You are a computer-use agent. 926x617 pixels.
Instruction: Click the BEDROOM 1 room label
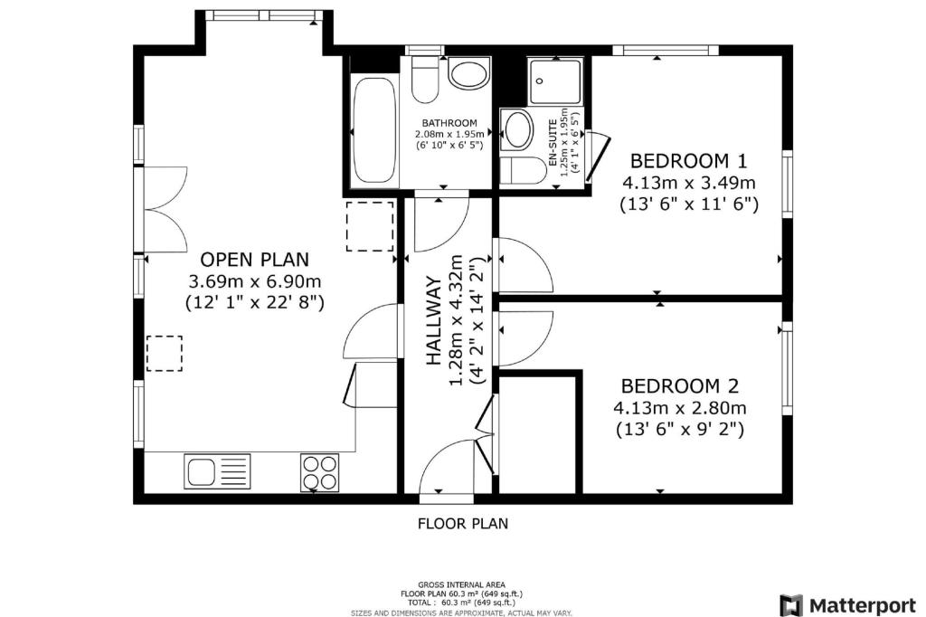pyautogui.click(x=688, y=161)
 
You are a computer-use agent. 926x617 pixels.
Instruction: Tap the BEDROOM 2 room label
pyautogui.click(x=680, y=386)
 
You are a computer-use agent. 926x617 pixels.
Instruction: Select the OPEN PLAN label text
pyautogui.click(x=254, y=260)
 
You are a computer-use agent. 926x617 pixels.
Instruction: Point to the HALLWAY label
pyautogui.click(x=434, y=320)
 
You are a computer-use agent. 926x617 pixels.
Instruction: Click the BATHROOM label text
pyautogui.click(x=449, y=123)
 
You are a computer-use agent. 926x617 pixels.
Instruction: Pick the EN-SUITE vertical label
pyautogui.click(x=553, y=142)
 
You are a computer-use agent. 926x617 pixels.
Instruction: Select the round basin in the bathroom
pyautogui.click(x=469, y=73)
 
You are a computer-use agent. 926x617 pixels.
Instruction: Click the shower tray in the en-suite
pyautogui.click(x=554, y=81)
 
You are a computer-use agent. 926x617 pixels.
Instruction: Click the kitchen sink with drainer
pyautogui.click(x=217, y=471)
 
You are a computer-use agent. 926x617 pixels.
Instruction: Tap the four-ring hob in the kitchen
pyautogui.click(x=319, y=472)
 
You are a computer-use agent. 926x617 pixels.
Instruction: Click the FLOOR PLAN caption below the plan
pyautogui.click(x=463, y=524)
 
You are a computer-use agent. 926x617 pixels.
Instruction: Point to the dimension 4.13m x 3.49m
pyautogui.click(x=688, y=183)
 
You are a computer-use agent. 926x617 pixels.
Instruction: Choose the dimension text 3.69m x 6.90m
pyautogui.click(x=254, y=280)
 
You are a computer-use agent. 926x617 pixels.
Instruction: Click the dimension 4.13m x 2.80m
pyautogui.click(x=680, y=408)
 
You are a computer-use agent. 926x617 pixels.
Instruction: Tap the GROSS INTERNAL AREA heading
pyautogui.click(x=462, y=585)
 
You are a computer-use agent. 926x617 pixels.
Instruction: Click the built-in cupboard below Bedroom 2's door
pyautogui.click(x=537, y=434)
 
